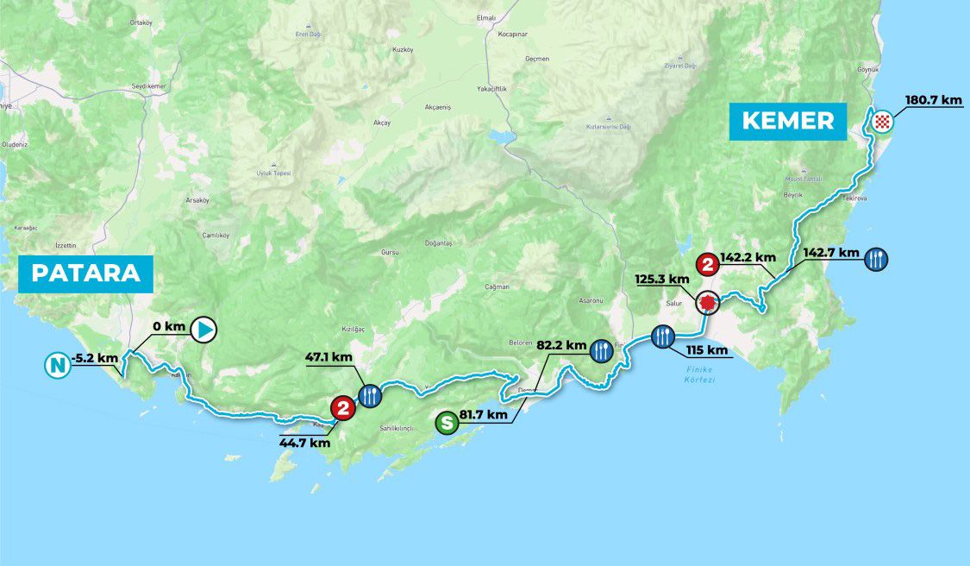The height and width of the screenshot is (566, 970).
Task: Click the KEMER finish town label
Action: (788, 122)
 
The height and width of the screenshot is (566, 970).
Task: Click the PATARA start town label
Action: (86, 274)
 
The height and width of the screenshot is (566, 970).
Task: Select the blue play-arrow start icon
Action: (203, 328)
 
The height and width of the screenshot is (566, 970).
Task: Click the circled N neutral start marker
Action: (57, 366)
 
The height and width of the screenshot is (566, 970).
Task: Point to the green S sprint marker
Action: (446, 422)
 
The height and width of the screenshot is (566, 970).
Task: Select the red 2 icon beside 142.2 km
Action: (708, 265)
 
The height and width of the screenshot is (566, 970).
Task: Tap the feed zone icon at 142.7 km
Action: (876, 258)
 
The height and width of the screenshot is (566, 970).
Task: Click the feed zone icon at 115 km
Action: (662, 336)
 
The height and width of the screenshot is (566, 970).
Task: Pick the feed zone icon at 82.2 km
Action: (601, 349)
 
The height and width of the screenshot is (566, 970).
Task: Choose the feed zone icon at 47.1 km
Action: (368, 395)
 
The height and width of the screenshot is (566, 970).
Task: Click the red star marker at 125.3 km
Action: (708, 303)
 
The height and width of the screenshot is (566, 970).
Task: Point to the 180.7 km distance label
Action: (933, 100)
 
